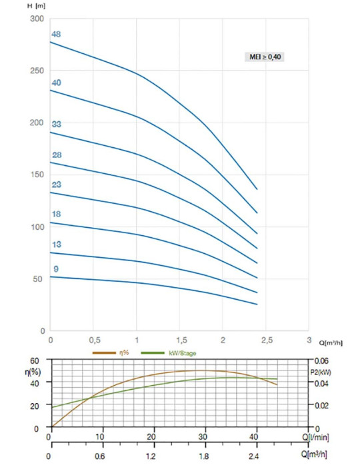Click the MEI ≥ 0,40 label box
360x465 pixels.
click(265, 57)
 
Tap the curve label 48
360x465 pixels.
click(56, 35)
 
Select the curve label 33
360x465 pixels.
click(57, 124)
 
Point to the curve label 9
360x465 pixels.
click(56, 269)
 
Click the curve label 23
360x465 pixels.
click(57, 185)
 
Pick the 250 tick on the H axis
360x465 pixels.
click(37, 71)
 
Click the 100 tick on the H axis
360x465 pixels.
click(37, 227)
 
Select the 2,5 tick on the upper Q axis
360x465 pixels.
click(267, 340)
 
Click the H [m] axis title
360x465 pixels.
click(36, 6)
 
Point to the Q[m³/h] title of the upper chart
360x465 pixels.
click(331, 343)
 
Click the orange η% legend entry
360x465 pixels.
click(111, 352)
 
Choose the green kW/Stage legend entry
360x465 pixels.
click(169, 353)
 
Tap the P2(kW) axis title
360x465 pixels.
click(321, 372)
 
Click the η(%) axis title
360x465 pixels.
click(33, 372)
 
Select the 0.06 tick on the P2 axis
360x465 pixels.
click(321, 361)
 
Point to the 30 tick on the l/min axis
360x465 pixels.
click(203, 436)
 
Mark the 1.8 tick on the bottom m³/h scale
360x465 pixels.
click(203, 456)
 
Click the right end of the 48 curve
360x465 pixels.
click(257, 189)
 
